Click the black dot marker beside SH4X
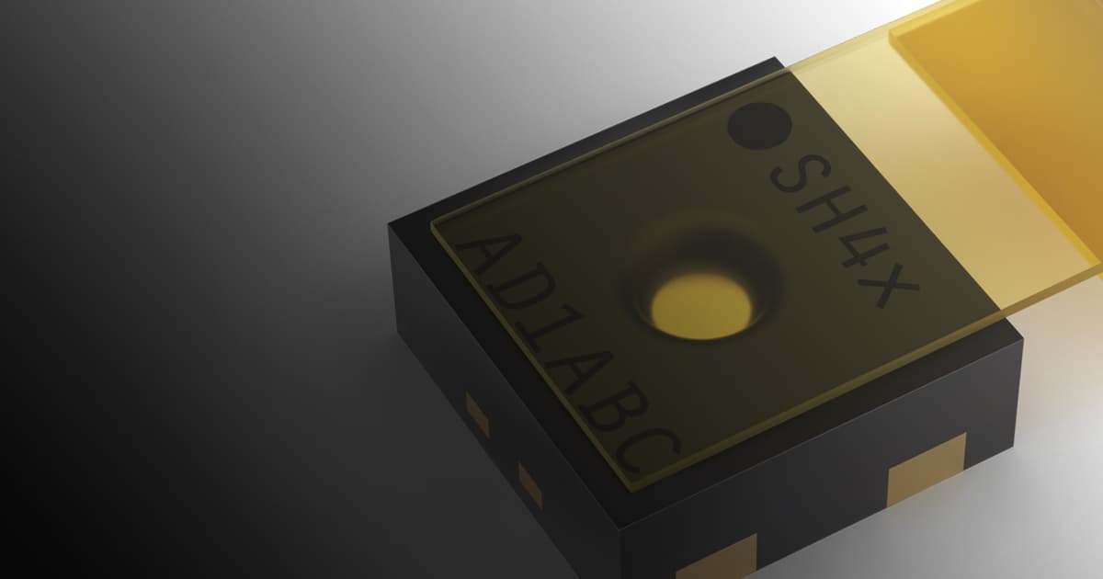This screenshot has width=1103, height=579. click(x=759, y=126)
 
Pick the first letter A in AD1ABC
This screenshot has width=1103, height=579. click(x=488, y=263)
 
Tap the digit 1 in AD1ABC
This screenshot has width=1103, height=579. click(x=548, y=340)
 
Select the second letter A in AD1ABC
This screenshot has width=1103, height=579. click(x=577, y=375)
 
